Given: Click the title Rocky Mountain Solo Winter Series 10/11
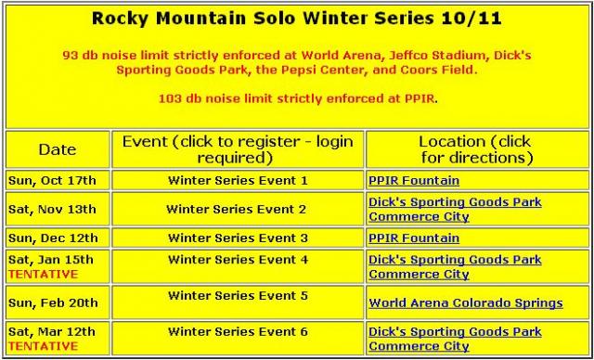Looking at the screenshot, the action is pos(297,19).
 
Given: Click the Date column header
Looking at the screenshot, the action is pos(58,149).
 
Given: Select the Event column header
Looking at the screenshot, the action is pos(238,149).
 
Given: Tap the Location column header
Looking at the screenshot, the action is pos(477,149).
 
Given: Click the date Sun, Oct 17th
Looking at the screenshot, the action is pos(52,181).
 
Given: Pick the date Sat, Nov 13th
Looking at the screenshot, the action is pos(52,210).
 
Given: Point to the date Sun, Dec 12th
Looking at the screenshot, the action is pos(53,238).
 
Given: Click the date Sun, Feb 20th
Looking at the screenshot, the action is pos(53,302).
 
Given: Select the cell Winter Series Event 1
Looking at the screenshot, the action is pos(238,180).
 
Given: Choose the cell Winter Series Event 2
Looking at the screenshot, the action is pos(236,209).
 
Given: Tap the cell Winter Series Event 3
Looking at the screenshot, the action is pos(238,238).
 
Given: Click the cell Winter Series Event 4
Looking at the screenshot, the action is pos(238,260).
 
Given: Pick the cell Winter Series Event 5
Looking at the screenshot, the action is pos(238,295).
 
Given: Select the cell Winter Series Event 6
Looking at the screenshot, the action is pos(238,331).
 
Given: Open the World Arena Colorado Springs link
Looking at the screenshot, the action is pos(466,302).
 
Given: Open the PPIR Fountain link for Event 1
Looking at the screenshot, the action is pos(414,181).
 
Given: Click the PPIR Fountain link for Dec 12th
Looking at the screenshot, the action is pos(414,238).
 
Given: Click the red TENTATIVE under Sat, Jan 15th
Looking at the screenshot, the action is pos(43,274).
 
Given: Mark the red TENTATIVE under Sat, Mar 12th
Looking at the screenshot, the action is pos(43,346).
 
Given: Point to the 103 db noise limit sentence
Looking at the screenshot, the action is pos(298,99).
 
